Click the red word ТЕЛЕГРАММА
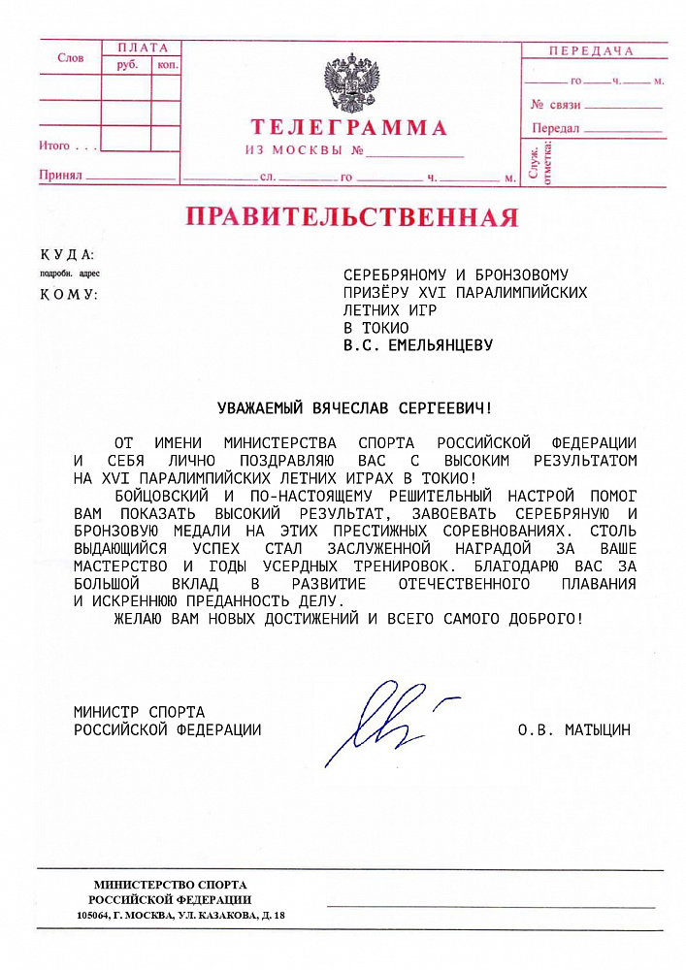pos(349,128)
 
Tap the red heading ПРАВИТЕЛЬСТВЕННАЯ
pos(351,215)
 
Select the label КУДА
pos(66,255)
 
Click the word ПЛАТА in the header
pos(142,48)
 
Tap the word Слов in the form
pos(71,58)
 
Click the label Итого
pos(54,146)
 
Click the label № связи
pos(556,104)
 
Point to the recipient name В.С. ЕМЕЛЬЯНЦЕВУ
pos(418,344)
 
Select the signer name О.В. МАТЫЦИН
pos(573,729)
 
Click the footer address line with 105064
pos(180,915)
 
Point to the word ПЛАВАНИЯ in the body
pos(599,584)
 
